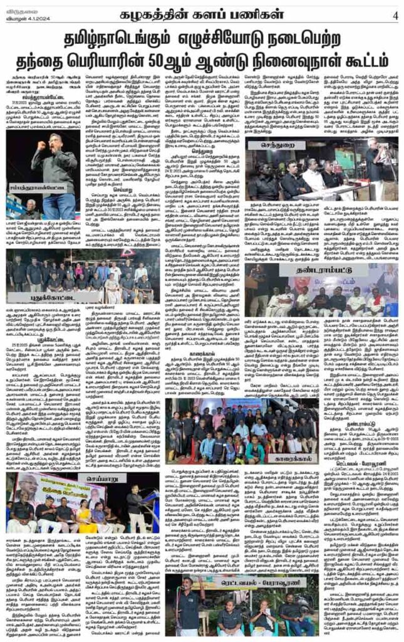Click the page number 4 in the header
click(395, 14)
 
